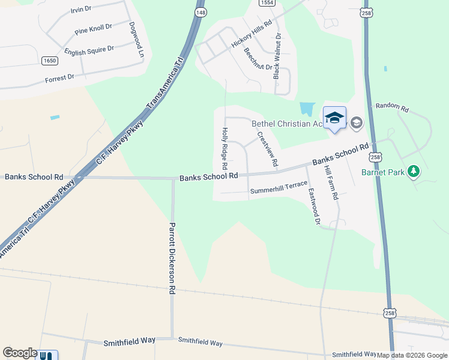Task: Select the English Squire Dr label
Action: click(89, 49)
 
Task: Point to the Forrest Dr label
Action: click(59, 77)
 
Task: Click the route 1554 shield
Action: click(267, 3)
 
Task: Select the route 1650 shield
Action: click(50, 61)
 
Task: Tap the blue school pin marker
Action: click(334, 118)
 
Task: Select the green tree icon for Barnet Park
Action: click(413, 172)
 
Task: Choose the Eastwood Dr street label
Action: click(313, 207)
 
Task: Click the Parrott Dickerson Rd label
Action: click(172, 258)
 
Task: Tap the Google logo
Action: click(20, 353)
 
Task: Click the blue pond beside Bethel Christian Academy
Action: click(307, 109)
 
